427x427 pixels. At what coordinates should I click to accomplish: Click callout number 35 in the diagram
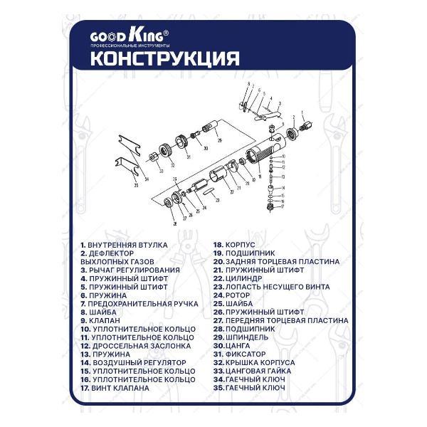click(x=135, y=185)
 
